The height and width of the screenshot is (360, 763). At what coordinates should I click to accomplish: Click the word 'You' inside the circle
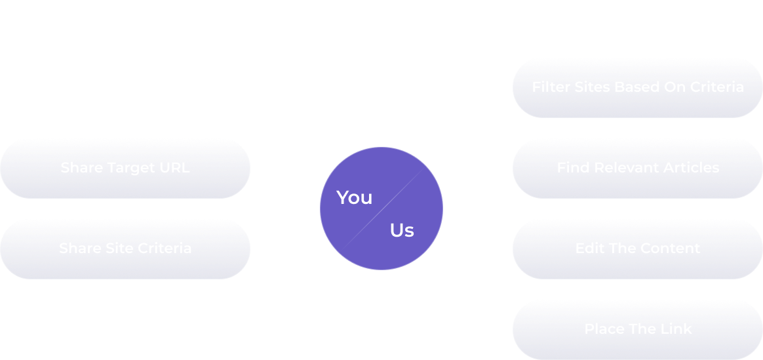point(354,197)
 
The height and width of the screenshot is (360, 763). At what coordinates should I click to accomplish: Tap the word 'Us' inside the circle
point(402,230)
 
